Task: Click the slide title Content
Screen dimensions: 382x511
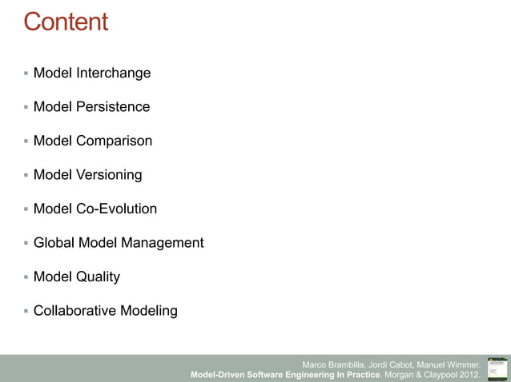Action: [66, 22]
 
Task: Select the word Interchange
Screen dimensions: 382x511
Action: [114, 74]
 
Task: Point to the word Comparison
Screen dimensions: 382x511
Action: [115, 141]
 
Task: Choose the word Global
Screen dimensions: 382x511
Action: [54, 243]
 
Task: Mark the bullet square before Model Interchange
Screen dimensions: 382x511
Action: [26, 74]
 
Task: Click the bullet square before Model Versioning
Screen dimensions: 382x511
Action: [26, 175]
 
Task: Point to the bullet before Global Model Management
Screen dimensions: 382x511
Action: [26, 243]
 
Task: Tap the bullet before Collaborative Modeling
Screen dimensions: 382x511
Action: [26, 311]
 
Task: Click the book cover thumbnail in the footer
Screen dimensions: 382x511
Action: [497, 368]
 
